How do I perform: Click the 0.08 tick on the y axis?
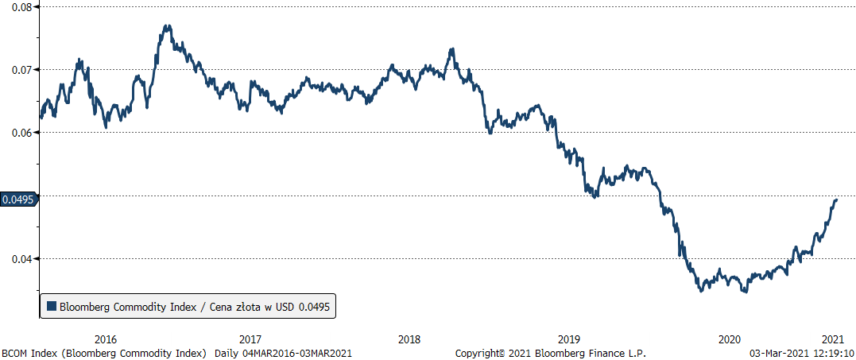click(x=20, y=7)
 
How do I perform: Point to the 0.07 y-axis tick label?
click(x=20, y=70)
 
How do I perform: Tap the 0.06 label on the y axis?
click(x=20, y=133)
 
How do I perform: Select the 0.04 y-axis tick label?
click(x=20, y=259)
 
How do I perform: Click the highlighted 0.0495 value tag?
click(x=18, y=199)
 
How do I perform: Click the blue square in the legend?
click(x=52, y=306)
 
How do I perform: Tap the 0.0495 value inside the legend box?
click(x=314, y=306)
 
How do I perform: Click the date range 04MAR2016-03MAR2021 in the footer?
click(x=296, y=352)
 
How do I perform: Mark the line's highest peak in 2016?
click(x=167, y=25)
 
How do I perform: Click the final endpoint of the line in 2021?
click(x=837, y=199)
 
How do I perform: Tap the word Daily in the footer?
click(x=228, y=352)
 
